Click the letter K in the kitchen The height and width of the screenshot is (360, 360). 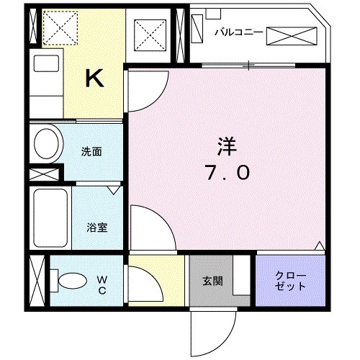pyautogui.click(x=94, y=77)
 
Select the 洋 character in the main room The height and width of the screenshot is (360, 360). pyautogui.click(x=222, y=145)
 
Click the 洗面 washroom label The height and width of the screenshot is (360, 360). pyautogui.click(x=91, y=152)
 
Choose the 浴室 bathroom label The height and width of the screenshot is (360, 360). pyautogui.click(x=97, y=228)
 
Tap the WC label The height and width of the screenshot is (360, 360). pyautogui.click(x=102, y=284)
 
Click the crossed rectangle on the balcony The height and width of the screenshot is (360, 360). pyautogui.click(x=292, y=35)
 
